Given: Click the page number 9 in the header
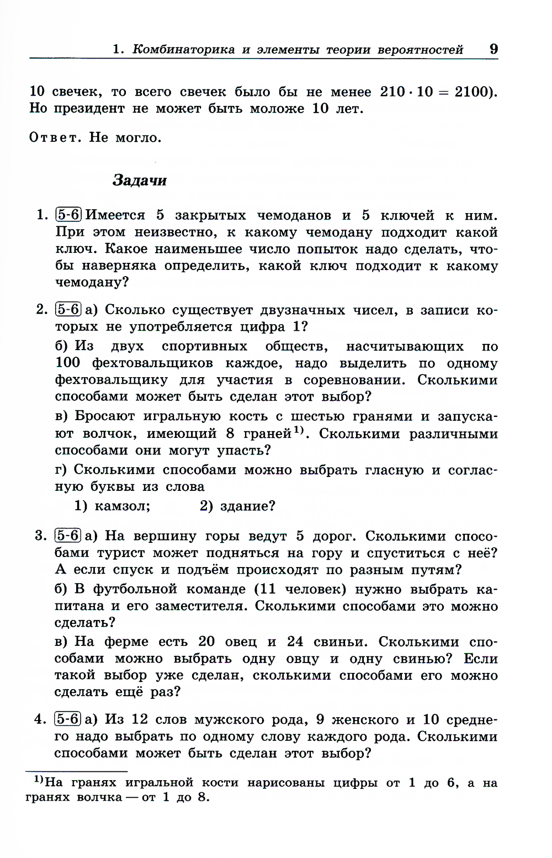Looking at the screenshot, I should pyautogui.click(x=493, y=49).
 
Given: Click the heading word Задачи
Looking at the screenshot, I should pyautogui.click(x=139, y=181).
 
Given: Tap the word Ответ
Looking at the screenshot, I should pyautogui.click(x=53, y=137).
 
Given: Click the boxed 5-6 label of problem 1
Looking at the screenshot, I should pyautogui.click(x=68, y=215).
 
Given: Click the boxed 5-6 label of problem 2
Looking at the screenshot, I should pyautogui.click(x=68, y=309).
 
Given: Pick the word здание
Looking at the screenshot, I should pyautogui.click(x=247, y=506).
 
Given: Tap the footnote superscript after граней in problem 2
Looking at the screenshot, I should pyautogui.click(x=299, y=430).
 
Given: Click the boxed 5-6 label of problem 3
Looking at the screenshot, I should pyautogui.click(x=68, y=536).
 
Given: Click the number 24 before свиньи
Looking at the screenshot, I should pyautogui.click(x=295, y=642).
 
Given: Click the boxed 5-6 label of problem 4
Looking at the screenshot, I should pyautogui.click(x=68, y=719).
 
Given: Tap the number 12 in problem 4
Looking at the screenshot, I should pyautogui.click(x=140, y=719).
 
